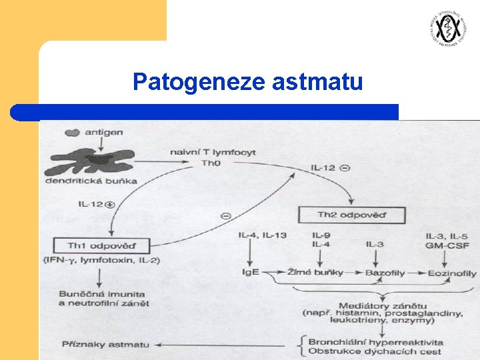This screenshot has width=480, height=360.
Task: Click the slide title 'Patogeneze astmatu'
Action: [247, 83]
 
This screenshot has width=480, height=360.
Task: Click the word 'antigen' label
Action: [103, 132]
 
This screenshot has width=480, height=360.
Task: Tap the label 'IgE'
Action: [251, 273]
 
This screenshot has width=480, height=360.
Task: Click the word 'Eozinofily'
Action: [452, 273]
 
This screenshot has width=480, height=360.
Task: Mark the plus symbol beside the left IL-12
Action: [110, 203]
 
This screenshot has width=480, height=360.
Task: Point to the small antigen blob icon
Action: [72, 133]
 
